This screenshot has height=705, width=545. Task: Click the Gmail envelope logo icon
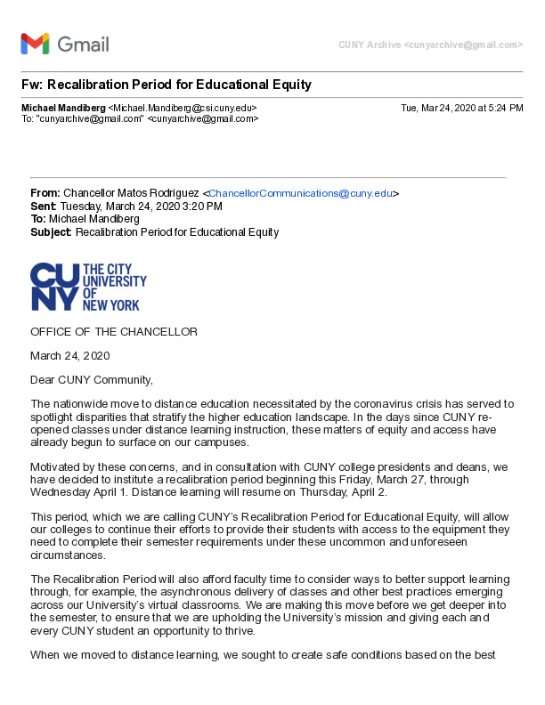pyautogui.click(x=35, y=44)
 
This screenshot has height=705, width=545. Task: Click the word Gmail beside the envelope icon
pyautogui.click(x=83, y=44)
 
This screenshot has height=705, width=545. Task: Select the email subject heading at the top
pyautogui.click(x=166, y=85)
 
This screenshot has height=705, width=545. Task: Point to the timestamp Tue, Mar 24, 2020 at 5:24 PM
pyautogui.click(x=461, y=108)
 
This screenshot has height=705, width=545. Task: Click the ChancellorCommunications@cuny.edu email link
pyautogui.click(x=300, y=193)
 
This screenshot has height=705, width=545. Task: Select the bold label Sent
pyautogui.click(x=43, y=206)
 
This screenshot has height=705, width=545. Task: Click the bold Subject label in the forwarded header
pyautogui.click(x=52, y=232)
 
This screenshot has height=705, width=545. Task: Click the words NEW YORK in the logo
pyautogui.click(x=111, y=304)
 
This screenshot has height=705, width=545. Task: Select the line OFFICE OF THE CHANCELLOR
pyautogui.click(x=114, y=332)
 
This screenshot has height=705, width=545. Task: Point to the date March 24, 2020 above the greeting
pyautogui.click(x=69, y=355)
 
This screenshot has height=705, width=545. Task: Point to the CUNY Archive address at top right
pyautogui.click(x=430, y=45)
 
